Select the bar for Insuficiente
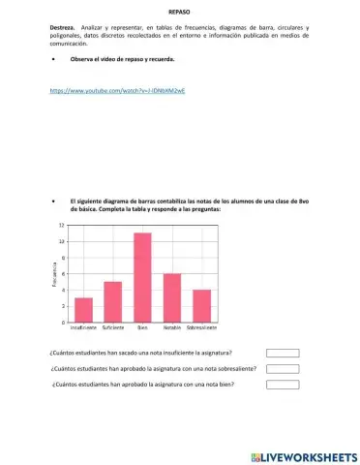pos(84,310)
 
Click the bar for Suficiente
pos(113,302)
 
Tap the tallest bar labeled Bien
pos(142,278)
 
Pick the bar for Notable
pos(172,298)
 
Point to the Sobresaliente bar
pos(201,306)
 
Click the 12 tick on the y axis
pos(62,225)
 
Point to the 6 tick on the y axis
pos(63,274)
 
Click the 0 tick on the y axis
pos(63,323)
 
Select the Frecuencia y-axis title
pos(54,274)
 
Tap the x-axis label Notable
pos(172,330)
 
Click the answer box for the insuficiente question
pos(283,354)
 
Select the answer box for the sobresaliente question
pos(283,369)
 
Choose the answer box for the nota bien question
pos(283,385)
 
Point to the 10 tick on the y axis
pos(62,241)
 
